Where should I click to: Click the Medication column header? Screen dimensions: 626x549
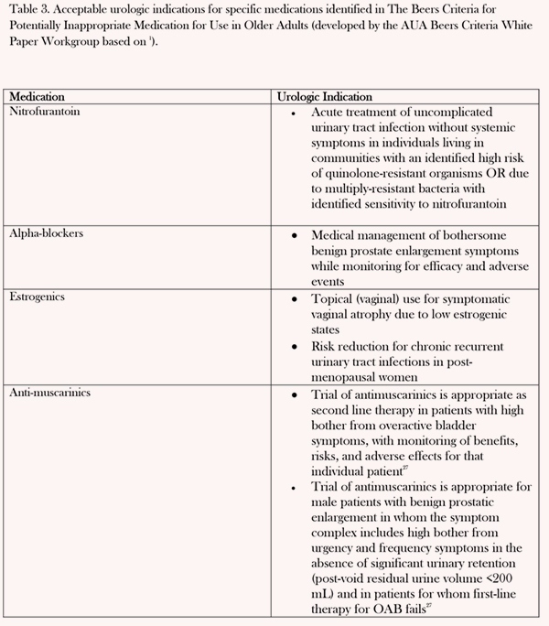pos(38,96)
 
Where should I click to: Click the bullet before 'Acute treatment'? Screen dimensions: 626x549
pos(291,112)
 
